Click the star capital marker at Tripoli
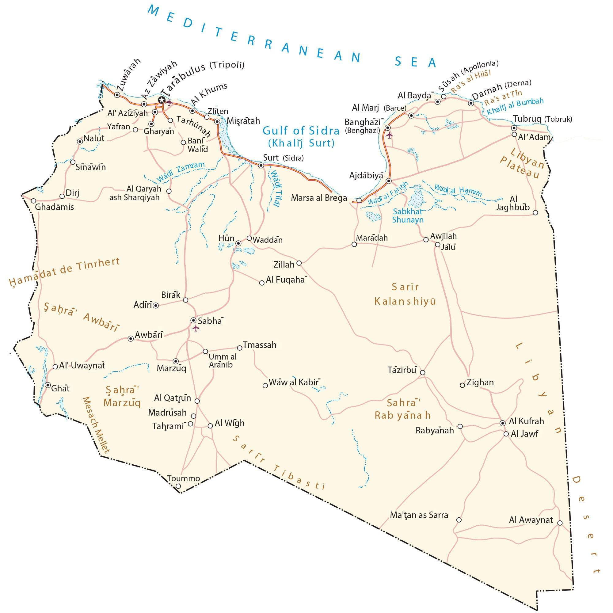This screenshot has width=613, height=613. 162,100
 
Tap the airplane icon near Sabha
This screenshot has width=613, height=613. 196,328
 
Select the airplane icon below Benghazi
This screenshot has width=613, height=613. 389,135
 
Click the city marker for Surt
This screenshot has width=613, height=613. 261,165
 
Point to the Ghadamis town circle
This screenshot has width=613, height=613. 33,201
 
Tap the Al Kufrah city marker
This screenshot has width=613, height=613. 503,423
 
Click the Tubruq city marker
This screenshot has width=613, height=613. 514,128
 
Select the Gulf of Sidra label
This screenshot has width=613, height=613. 301,131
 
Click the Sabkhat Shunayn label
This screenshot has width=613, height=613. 407,215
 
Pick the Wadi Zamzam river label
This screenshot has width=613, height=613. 181,172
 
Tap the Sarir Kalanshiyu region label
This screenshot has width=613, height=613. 405,294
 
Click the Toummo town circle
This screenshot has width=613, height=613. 178,486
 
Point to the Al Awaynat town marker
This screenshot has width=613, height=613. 560,523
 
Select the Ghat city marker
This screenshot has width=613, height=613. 48,385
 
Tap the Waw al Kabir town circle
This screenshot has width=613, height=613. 265,386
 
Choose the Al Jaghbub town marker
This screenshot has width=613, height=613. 535,213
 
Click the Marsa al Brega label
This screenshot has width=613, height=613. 319,198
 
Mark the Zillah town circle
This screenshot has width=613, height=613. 299,263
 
